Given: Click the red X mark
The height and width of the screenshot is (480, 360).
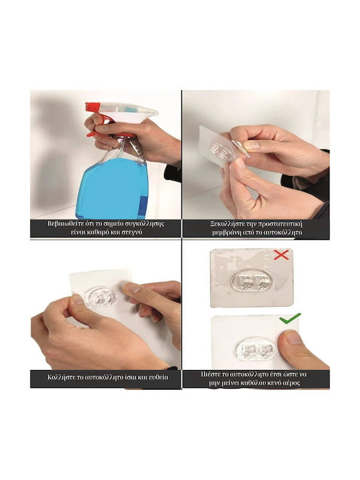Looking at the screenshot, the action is [281, 255].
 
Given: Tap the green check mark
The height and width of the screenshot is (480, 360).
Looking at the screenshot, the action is [289, 319].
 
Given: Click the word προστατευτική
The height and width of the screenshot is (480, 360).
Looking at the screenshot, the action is [280, 223].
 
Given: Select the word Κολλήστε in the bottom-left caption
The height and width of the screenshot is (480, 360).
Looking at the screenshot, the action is [61, 377].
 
